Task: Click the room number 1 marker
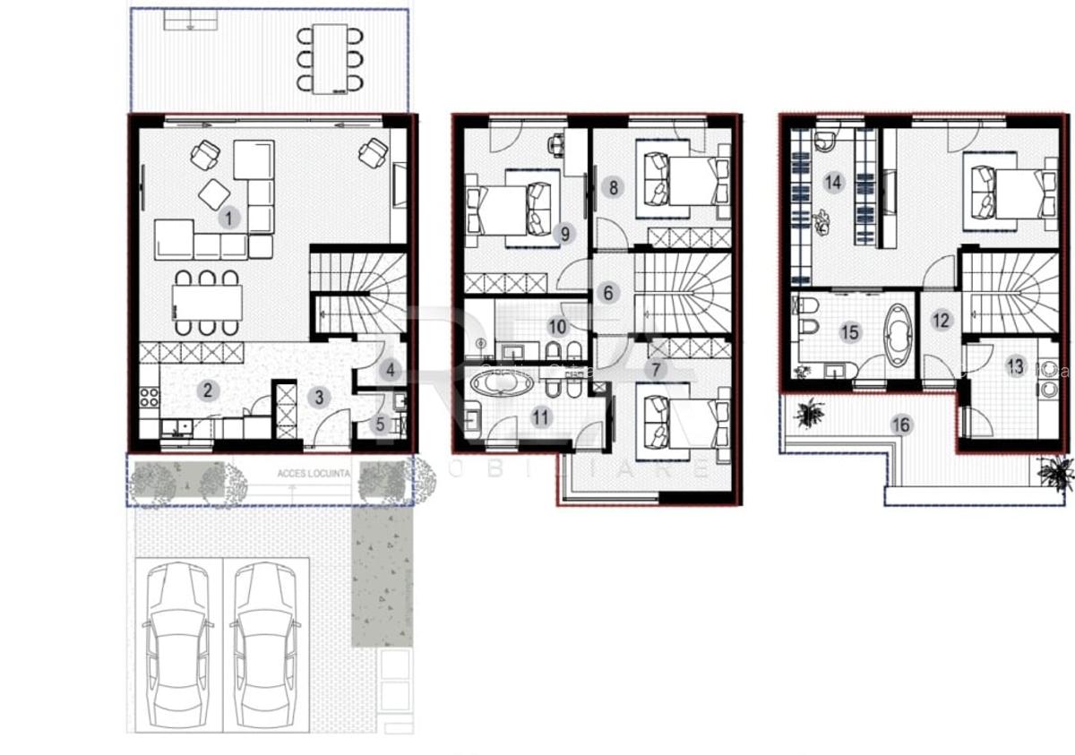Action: [x=229, y=217]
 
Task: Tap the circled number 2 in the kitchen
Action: [x=208, y=390]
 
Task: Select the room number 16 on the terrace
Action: [x=902, y=425]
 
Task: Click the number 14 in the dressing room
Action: [x=834, y=183]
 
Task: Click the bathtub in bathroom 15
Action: [x=896, y=334]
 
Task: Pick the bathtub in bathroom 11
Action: [x=500, y=385]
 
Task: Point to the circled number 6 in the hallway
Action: [x=608, y=293]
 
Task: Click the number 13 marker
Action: [x=1015, y=366]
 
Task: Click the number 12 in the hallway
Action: [x=941, y=320]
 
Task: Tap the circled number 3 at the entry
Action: [x=321, y=394]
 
